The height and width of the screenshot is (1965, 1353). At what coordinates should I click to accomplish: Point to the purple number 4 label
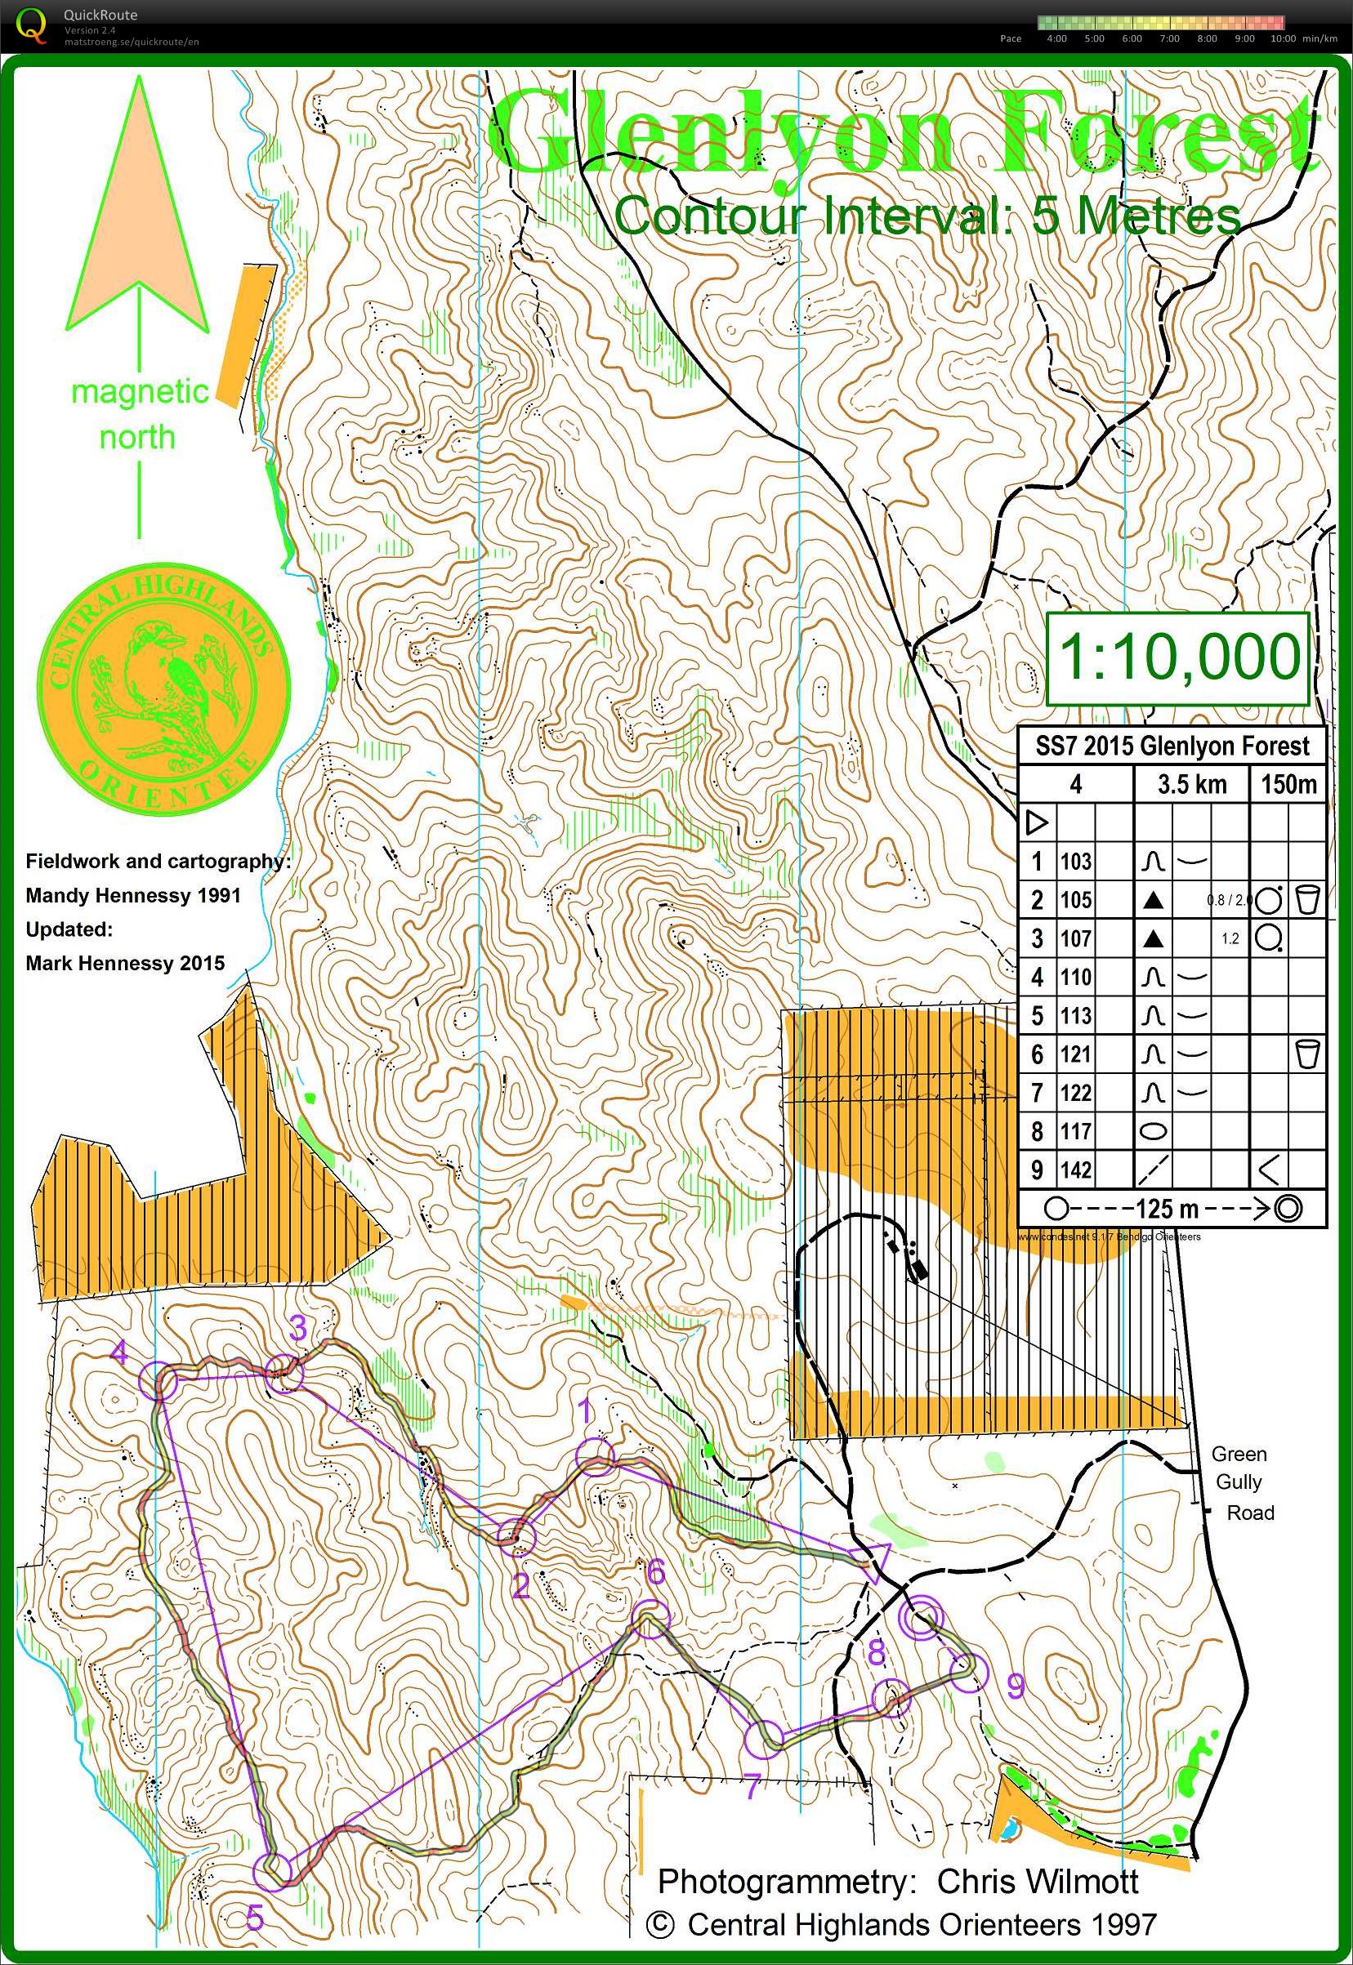[x=119, y=1352]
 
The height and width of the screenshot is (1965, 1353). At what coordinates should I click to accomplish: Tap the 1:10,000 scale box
[x=1178, y=657]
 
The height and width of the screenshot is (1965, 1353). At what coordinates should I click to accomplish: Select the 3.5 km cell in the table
[x=1191, y=784]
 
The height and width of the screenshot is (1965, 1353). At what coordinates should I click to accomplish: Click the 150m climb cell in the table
[x=1288, y=784]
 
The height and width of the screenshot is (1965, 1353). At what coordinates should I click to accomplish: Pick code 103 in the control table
[x=1075, y=862]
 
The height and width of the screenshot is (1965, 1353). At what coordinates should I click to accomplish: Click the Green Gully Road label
[x=1242, y=1483]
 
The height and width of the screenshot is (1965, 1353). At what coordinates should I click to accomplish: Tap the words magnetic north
[x=138, y=414]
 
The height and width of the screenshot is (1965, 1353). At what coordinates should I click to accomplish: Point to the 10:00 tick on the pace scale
[x=1282, y=39]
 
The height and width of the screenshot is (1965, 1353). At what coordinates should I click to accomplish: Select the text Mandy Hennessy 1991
[x=133, y=896]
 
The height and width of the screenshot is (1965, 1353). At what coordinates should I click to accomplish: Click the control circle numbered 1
[x=594, y=1456]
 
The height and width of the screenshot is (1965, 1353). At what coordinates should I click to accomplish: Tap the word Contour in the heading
[x=708, y=216]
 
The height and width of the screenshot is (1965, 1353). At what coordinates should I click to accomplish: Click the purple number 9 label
[x=1015, y=1687]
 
